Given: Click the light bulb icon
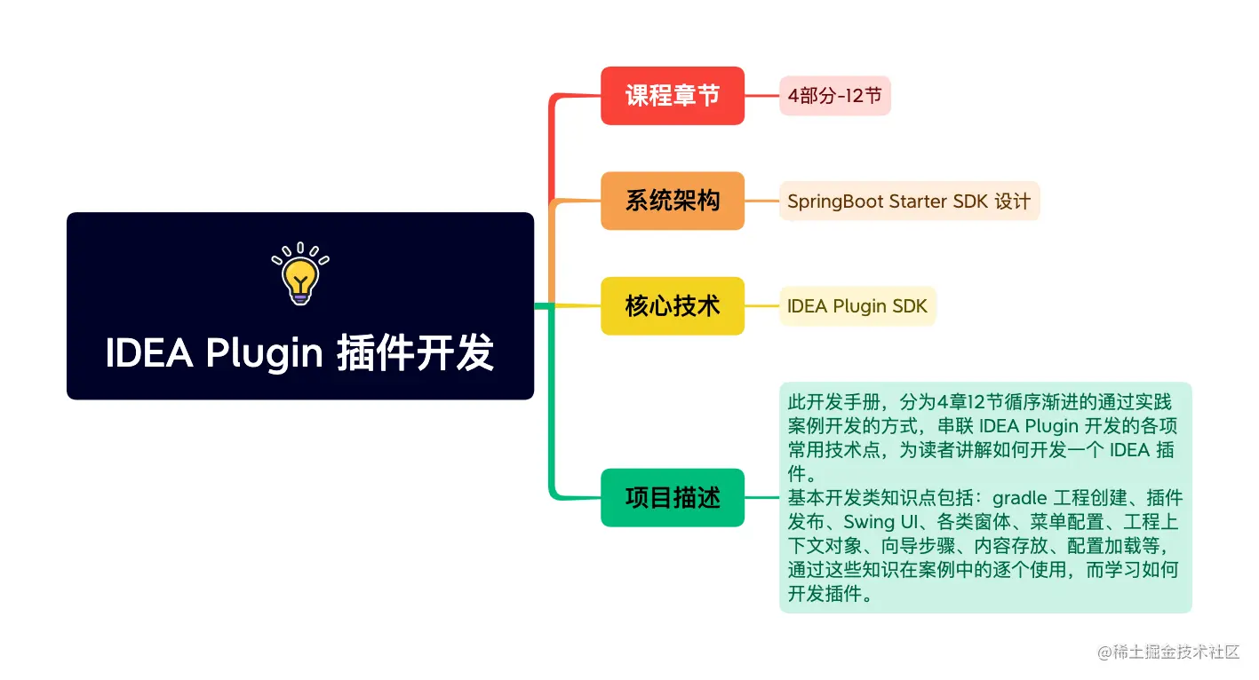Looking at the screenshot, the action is (300, 273).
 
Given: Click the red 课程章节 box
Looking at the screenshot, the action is (673, 96).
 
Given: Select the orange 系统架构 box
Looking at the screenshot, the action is (673, 201).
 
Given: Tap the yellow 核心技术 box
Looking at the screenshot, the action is (673, 305).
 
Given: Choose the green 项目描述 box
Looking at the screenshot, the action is (673, 497).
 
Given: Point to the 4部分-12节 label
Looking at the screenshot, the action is (834, 96).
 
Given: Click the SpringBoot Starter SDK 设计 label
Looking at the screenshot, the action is (909, 201).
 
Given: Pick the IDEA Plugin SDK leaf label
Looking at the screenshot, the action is (857, 306).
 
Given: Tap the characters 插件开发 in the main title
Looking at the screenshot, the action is (415, 352).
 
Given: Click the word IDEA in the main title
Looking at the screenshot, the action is (149, 352).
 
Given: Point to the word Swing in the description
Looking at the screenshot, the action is (869, 522).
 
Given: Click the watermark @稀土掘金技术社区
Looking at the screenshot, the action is (1168, 652).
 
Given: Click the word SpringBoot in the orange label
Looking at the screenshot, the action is (835, 202).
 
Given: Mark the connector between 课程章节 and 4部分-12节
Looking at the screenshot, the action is (762, 96).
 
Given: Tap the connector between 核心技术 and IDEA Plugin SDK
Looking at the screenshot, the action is (762, 306).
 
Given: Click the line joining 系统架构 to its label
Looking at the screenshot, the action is (762, 201).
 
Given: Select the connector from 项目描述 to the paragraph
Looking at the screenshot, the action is (762, 497).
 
